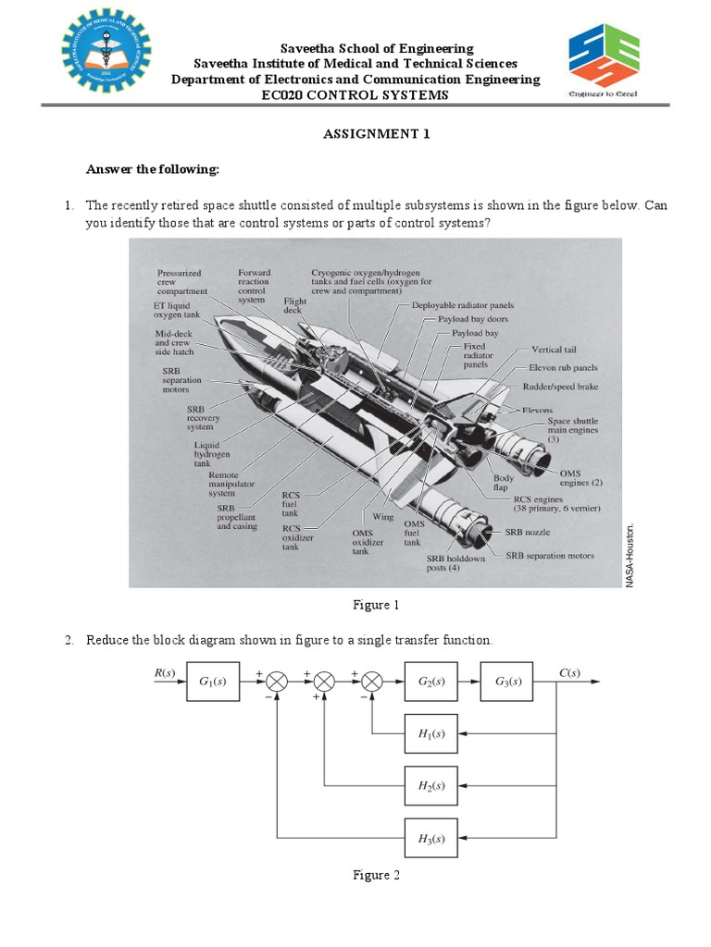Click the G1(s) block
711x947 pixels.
212,683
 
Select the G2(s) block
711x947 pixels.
431,683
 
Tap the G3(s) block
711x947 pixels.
506,683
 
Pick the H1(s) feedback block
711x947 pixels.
431,735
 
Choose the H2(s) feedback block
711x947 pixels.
431,786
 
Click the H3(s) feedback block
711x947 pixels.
431,840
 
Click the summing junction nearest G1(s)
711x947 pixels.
276,683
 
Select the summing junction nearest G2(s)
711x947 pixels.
371,683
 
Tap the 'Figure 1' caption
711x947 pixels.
376,606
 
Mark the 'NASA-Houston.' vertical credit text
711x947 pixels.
630,555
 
